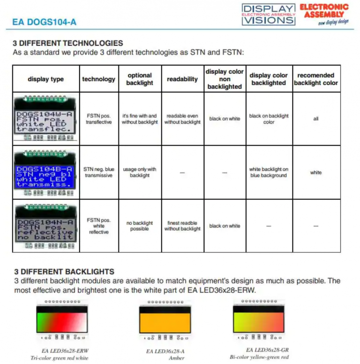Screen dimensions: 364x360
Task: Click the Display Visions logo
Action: [x=269, y=14]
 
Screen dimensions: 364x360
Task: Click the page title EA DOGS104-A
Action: [x=45, y=22]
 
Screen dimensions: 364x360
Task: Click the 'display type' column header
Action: [x=45, y=79]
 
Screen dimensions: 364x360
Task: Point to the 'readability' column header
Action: [x=182, y=79]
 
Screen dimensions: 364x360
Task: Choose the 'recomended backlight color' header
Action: [x=316, y=79]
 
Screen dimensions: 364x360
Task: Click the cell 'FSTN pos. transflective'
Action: [x=99, y=119]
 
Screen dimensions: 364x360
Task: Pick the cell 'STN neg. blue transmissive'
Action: [x=99, y=172]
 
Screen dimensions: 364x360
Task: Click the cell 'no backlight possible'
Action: [x=140, y=226]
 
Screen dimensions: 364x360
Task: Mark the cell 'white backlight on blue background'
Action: [x=269, y=172]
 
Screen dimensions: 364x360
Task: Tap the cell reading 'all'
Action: [x=316, y=119]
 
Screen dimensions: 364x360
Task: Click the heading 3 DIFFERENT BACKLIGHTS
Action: [x=64, y=272]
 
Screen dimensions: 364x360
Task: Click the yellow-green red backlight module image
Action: [x=259, y=320]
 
